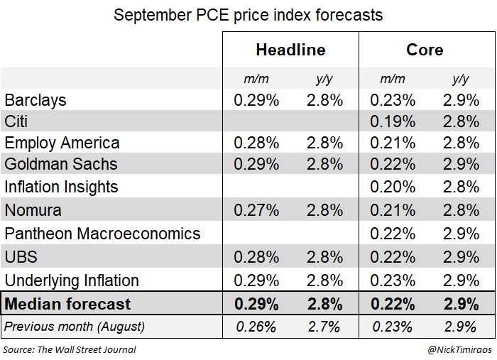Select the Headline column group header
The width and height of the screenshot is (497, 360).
pos(290,50)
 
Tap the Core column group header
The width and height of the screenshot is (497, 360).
pos(425,50)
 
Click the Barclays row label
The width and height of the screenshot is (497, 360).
pos(35,100)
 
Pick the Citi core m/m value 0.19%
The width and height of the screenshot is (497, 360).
pos(393,121)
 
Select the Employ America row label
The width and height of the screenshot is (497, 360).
pos(62,143)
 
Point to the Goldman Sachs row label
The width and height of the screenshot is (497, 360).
pos(61,165)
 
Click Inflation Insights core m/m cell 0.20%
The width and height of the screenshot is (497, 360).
pos(393,187)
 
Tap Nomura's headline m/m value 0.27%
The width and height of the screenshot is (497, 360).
pos(256,210)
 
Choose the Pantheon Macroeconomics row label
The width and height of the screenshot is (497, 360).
pos(103,234)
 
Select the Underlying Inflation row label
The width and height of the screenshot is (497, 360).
pos(72,280)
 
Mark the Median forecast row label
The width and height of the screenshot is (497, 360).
pos(68,304)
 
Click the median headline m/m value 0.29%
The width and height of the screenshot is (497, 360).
pos(256,304)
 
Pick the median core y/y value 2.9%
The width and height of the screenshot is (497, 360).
pos(460,304)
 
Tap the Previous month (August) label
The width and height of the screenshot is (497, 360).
pos(75,327)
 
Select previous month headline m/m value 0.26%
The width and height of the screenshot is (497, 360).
pos(256,327)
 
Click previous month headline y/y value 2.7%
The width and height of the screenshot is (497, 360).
pos(325,327)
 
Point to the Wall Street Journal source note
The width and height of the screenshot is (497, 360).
pos(70,349)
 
